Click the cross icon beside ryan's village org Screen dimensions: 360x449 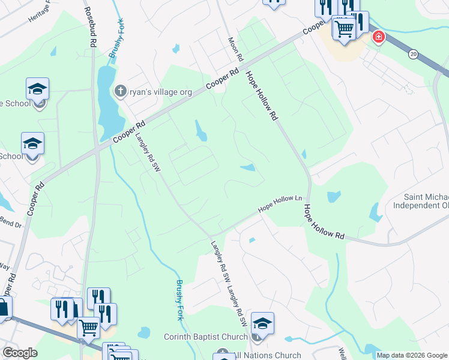(120, 91)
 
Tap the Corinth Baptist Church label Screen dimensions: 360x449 (206, 337)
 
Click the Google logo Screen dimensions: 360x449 (20, 353)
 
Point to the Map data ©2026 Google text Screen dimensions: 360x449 (412, 355)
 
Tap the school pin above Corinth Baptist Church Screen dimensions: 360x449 (262, 324)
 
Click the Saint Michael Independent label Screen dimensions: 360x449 (420, 201)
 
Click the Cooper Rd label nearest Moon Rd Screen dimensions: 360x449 (219, 79)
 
